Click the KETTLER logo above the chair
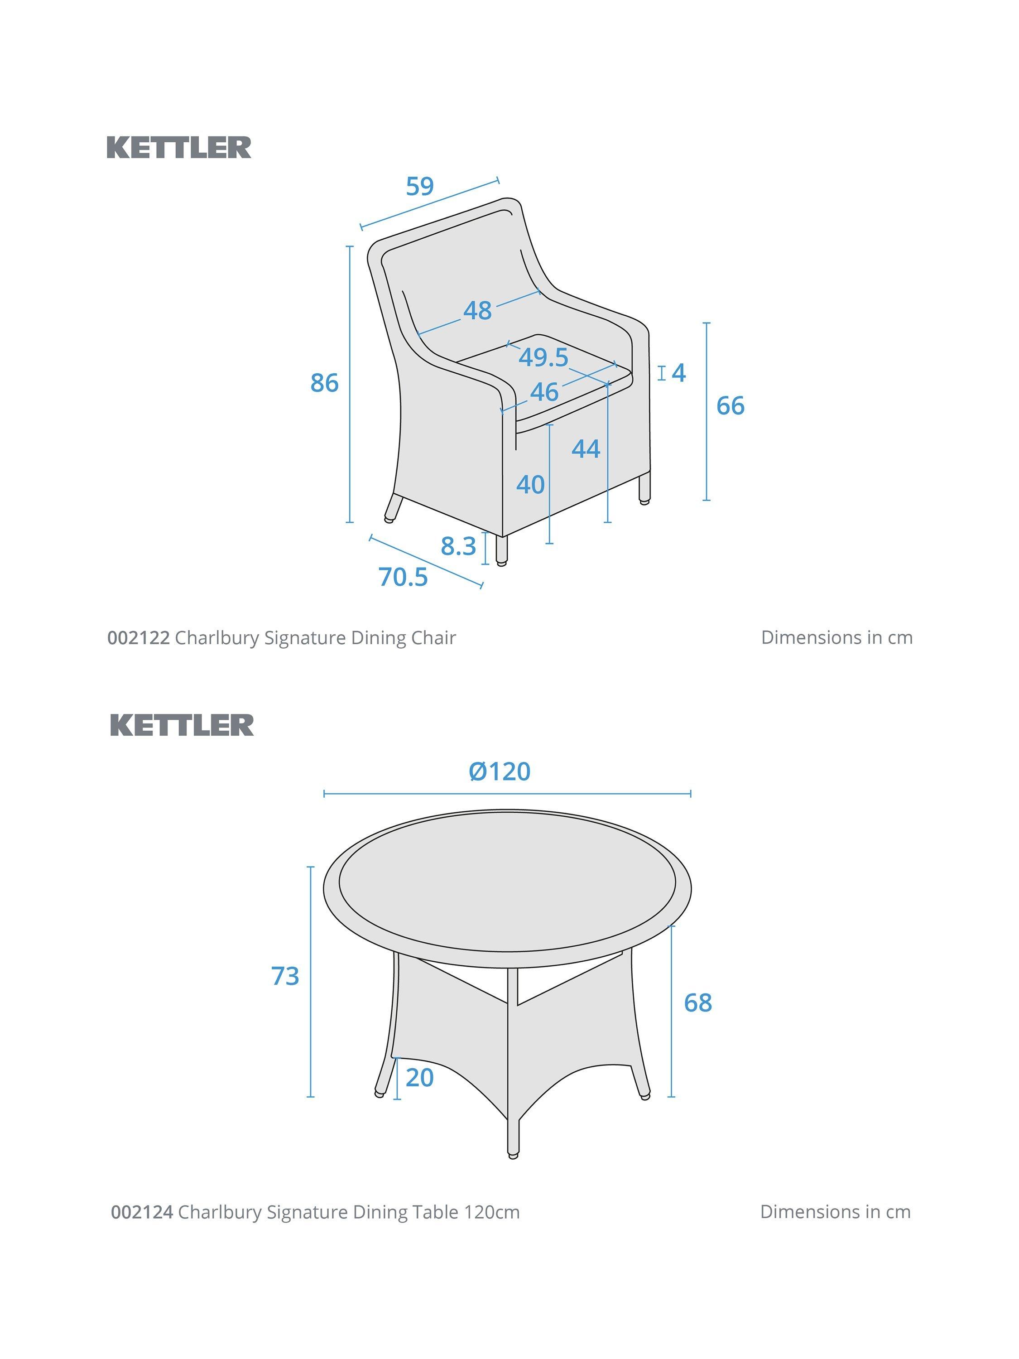179,147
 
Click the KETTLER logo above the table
182,725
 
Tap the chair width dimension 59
420,186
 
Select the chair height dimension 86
324,383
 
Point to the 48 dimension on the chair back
477,310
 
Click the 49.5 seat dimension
543,357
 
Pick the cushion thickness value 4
679,372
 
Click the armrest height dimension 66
731,405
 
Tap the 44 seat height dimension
586,449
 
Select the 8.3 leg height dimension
458,545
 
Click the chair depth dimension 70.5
403,577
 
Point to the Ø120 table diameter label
500,771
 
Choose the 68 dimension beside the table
698,1002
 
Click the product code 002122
138,638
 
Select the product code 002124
142,1212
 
